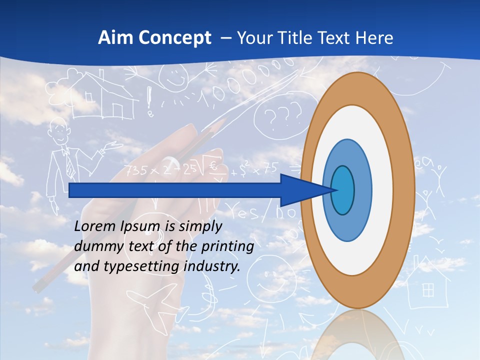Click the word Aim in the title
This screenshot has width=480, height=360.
[113, 38]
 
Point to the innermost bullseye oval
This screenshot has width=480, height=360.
[342, 190]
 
